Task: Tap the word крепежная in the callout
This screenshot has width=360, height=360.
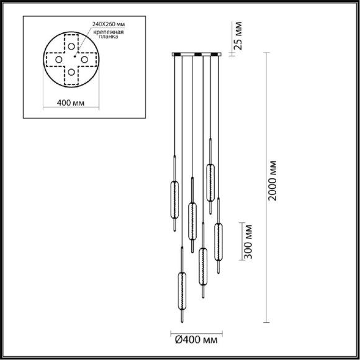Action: point(109,32)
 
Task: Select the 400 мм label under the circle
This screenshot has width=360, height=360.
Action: point(71,103)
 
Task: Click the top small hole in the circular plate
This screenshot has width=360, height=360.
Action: point(71,47)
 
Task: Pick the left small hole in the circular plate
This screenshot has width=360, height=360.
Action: point(59,60)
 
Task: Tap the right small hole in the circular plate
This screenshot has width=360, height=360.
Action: point(84,60)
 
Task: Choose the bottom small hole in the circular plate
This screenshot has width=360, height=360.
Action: point(71,72)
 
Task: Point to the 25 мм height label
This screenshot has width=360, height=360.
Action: point(238,36)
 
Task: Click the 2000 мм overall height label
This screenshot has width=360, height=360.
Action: point(272,181)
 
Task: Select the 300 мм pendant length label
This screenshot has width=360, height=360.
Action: point(248,241)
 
